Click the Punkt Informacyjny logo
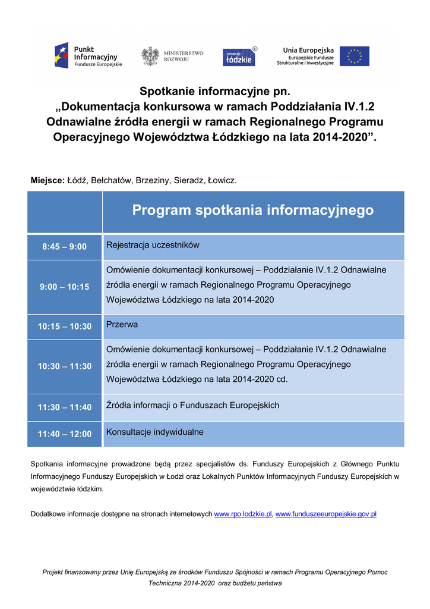[88, 56]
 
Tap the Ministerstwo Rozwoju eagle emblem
[150, 56]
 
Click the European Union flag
[354, 56]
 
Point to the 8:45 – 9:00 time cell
[64, 247]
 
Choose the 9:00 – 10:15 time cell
[64, 287]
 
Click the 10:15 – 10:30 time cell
[64, 327]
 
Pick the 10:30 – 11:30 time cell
[64, 366]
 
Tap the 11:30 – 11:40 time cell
[64, 407]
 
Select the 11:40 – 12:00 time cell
[64, 434]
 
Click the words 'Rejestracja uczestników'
[153, 245]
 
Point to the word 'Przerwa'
[122, 325]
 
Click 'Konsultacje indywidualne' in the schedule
[154, 432]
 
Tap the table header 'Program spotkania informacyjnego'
[252, 210]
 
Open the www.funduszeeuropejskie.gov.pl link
[326, 514]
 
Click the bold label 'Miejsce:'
[48, 180]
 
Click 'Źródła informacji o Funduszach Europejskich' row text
[192, 406]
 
